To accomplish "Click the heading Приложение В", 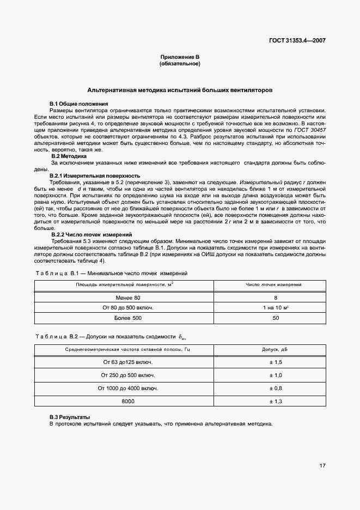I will coord(180,57).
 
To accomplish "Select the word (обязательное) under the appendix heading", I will coord(180,64).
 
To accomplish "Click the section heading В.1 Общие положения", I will coord(79,104).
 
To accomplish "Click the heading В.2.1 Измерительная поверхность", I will coord(95,176).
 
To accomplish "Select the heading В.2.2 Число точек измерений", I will coord(91,234).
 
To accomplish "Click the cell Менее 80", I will coord(128,298).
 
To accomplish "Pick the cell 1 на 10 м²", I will coord(276,308).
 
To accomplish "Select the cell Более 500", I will coord(128,318).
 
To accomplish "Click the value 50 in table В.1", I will coord(276,318).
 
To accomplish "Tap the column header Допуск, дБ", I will coord(276,349).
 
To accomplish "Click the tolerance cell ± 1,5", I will coord(276,362).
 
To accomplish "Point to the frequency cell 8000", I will coord(128,402).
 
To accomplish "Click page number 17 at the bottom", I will coord(322,466).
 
